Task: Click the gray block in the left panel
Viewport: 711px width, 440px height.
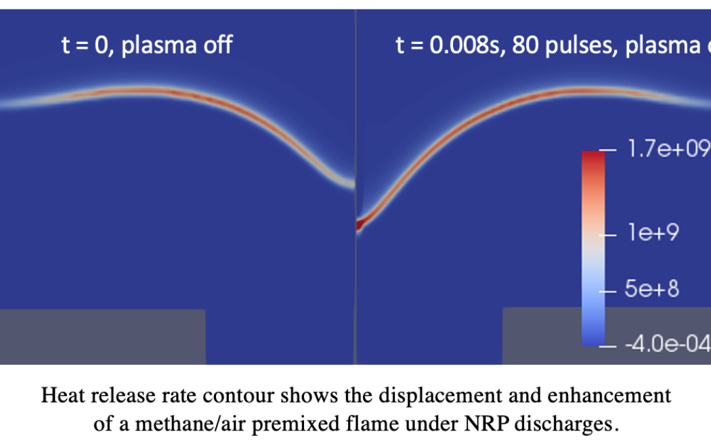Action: [102, 336]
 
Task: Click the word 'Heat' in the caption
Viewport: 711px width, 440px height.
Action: [59, 396]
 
